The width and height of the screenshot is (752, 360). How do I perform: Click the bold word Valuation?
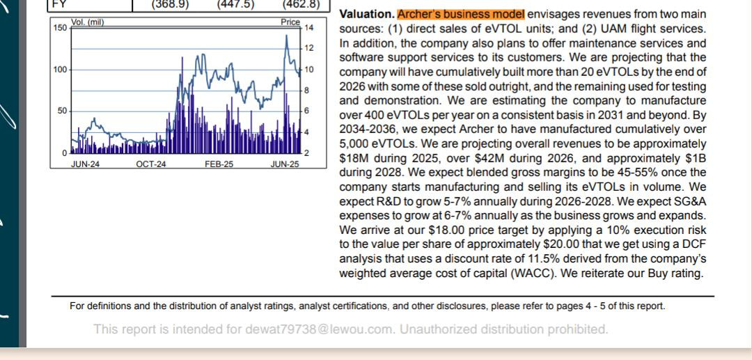coord(367,14)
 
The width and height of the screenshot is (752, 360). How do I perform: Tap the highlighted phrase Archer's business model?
coord(462,14)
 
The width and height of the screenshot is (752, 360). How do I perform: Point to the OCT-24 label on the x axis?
coord(151,164)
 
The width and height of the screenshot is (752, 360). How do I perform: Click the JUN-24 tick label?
coord(86,164)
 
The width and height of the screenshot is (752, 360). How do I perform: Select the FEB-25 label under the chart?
coord(219,164)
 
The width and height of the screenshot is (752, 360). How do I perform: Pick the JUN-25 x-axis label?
coord(284,164)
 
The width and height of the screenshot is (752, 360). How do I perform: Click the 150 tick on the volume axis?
coord(60,28)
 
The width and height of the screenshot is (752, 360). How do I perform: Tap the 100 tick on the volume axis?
coord(60,70)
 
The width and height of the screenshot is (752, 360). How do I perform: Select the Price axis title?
coord(290,22)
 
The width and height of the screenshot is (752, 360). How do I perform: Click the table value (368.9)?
coord(170,4)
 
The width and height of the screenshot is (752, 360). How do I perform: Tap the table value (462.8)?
coord(301,4)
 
